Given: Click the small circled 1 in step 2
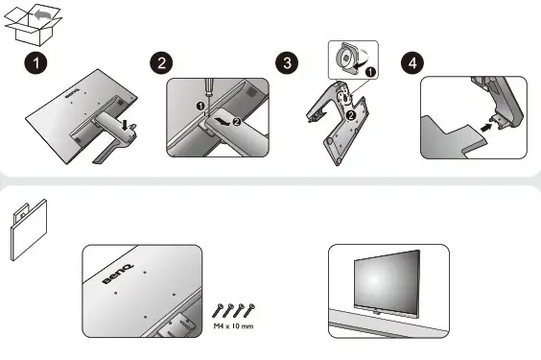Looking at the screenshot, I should coord(200,104).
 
